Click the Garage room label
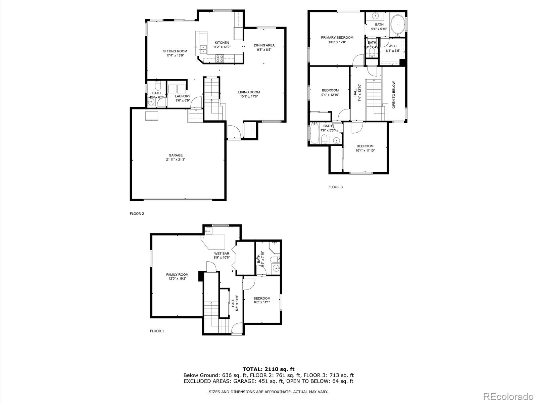click(x=176, y=155)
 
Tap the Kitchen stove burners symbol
click(x=220, y=58)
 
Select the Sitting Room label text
click(x=175, y=51)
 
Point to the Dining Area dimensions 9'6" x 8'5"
click(x=264, y=50)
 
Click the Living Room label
click(x=249, y=92)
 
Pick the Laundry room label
click(x=183, y=96)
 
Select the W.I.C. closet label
click(x=393, y=46)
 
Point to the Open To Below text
click(x=394, y=95)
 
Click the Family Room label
click(x=177, y=274)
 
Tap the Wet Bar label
click(x=222, y=254)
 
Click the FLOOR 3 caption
click(x=335, y=187)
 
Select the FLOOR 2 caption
click(x=137, y=213)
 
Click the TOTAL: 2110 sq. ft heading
click(x=268, y=369)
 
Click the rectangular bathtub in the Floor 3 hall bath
click(x=314, y=134)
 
